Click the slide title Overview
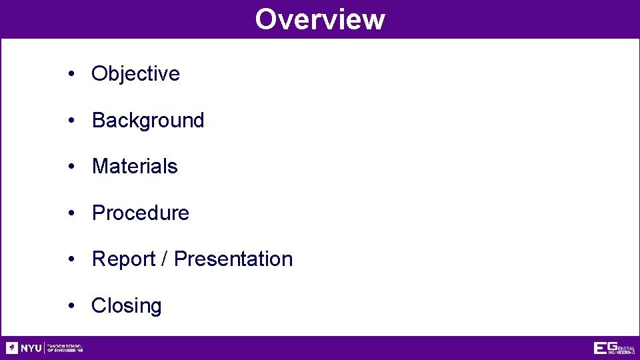tap(319, 19)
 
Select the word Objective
tap(135, 73)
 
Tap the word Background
tap(148, 120)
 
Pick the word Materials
tap(135, 166)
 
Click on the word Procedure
tap(140, 213)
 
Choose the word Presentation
tap(233, 259)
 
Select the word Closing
tap(127, 305)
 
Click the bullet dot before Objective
tap(71, 74)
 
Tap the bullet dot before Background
tap(71, 121)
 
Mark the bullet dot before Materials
tap(71, 167)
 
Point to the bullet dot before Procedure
tap(71, 213)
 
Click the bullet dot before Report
tap(71, 259)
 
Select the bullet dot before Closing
tap(71, 306)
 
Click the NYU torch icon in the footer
tap(12, 348)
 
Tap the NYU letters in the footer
tap(31, 348)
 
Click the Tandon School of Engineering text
tap(65, 348)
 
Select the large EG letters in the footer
tap(605, 347)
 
